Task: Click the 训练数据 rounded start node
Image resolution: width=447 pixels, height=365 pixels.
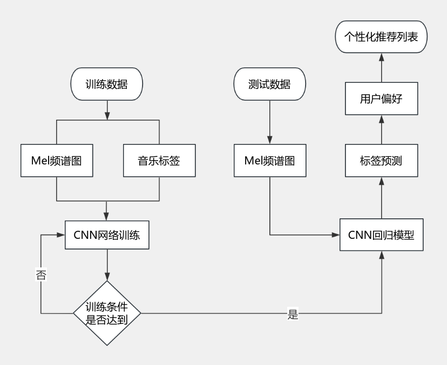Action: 107,84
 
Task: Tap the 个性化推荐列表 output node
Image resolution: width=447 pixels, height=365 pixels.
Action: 381,37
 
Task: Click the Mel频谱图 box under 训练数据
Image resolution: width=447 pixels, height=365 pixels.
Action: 56,161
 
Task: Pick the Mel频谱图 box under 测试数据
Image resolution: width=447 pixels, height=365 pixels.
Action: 269,161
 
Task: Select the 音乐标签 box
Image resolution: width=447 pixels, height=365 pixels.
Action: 159,161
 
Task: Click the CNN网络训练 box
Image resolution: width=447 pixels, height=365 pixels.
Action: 107,235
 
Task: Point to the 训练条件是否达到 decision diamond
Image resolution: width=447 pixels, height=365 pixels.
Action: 107,313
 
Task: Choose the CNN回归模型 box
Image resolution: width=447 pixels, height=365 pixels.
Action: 381,235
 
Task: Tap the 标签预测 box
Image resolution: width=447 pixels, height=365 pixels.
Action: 381,161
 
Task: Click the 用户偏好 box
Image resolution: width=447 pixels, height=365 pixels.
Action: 381,99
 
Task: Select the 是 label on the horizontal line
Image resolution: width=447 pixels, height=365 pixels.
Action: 293,314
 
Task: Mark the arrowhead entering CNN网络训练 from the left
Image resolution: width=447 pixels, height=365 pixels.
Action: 61,235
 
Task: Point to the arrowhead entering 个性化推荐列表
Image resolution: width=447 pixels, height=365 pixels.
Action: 381,57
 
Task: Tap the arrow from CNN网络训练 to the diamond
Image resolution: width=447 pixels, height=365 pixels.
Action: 107,265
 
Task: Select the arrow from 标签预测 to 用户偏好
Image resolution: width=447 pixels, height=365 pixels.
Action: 381,129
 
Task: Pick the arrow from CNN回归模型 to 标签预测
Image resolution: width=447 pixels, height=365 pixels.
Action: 381,198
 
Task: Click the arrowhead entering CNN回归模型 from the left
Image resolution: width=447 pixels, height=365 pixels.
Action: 336,235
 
